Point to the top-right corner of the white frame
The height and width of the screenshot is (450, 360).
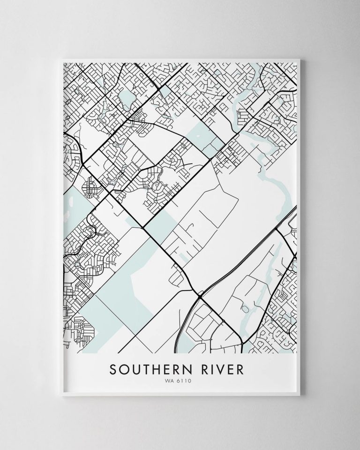(303, 57)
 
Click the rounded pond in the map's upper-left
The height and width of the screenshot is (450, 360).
(126, 98)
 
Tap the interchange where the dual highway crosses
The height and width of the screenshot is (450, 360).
(200, 296)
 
